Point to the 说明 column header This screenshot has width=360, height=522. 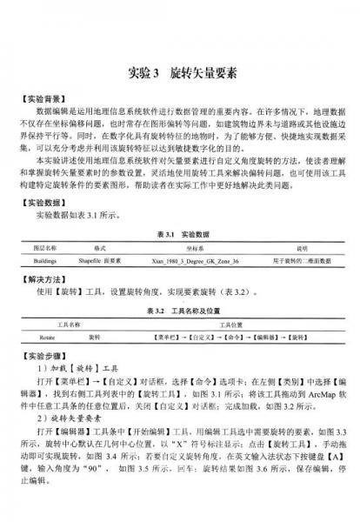point(290,248)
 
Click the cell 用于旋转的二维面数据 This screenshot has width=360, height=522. point(291,260)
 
